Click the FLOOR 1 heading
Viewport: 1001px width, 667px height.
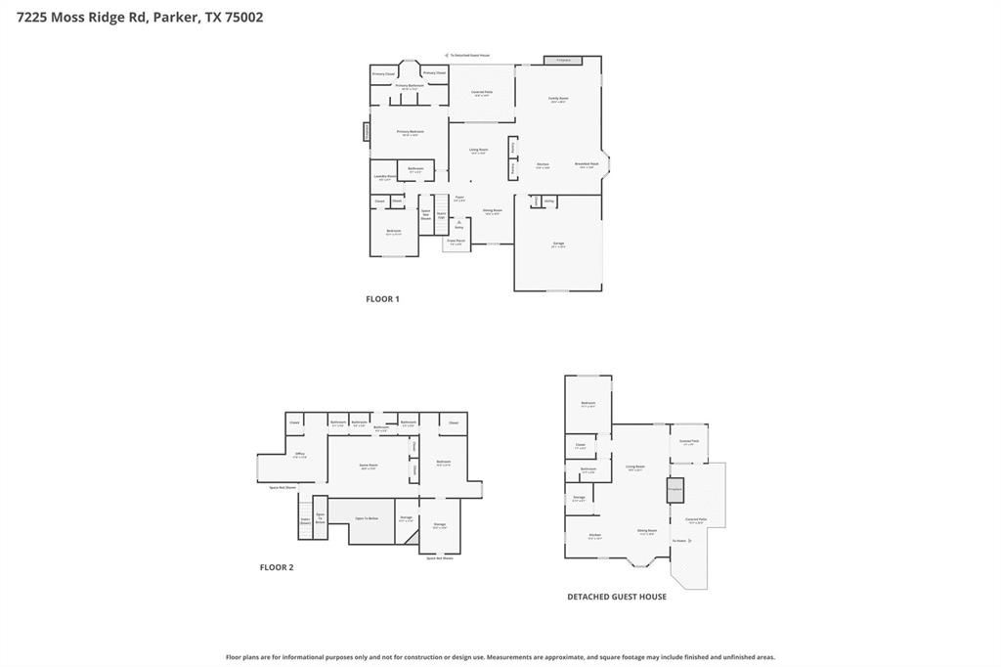pos(382,299)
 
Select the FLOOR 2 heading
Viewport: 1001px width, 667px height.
pos(277,567)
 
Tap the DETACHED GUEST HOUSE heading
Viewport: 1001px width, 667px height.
pos(617,597)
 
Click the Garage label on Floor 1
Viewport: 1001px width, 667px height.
pos(558,244)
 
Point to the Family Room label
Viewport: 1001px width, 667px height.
pos(558,99)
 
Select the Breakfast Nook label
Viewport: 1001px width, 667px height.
pos(587,164)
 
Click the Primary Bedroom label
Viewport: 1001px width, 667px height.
pos(410,132)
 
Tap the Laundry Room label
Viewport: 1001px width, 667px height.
pos(384,177)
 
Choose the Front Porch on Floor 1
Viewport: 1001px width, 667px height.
pos(456,242)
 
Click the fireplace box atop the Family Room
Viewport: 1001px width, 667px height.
pos(563,61)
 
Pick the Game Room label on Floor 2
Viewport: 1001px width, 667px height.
pos(369,466)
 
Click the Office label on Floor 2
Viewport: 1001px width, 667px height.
pos(300,454)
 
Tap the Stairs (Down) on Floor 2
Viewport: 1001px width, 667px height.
pos(305,522)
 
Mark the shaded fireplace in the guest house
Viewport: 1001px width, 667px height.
pos(675,489)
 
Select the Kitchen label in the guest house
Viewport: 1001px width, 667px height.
pos(594,535)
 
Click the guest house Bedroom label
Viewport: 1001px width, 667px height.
pos(588,403)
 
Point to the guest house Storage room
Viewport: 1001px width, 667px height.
pos(580,498)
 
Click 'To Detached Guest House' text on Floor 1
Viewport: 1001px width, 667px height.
pos(469,56)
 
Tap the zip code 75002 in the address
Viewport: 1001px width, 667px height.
pos(244,17)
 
